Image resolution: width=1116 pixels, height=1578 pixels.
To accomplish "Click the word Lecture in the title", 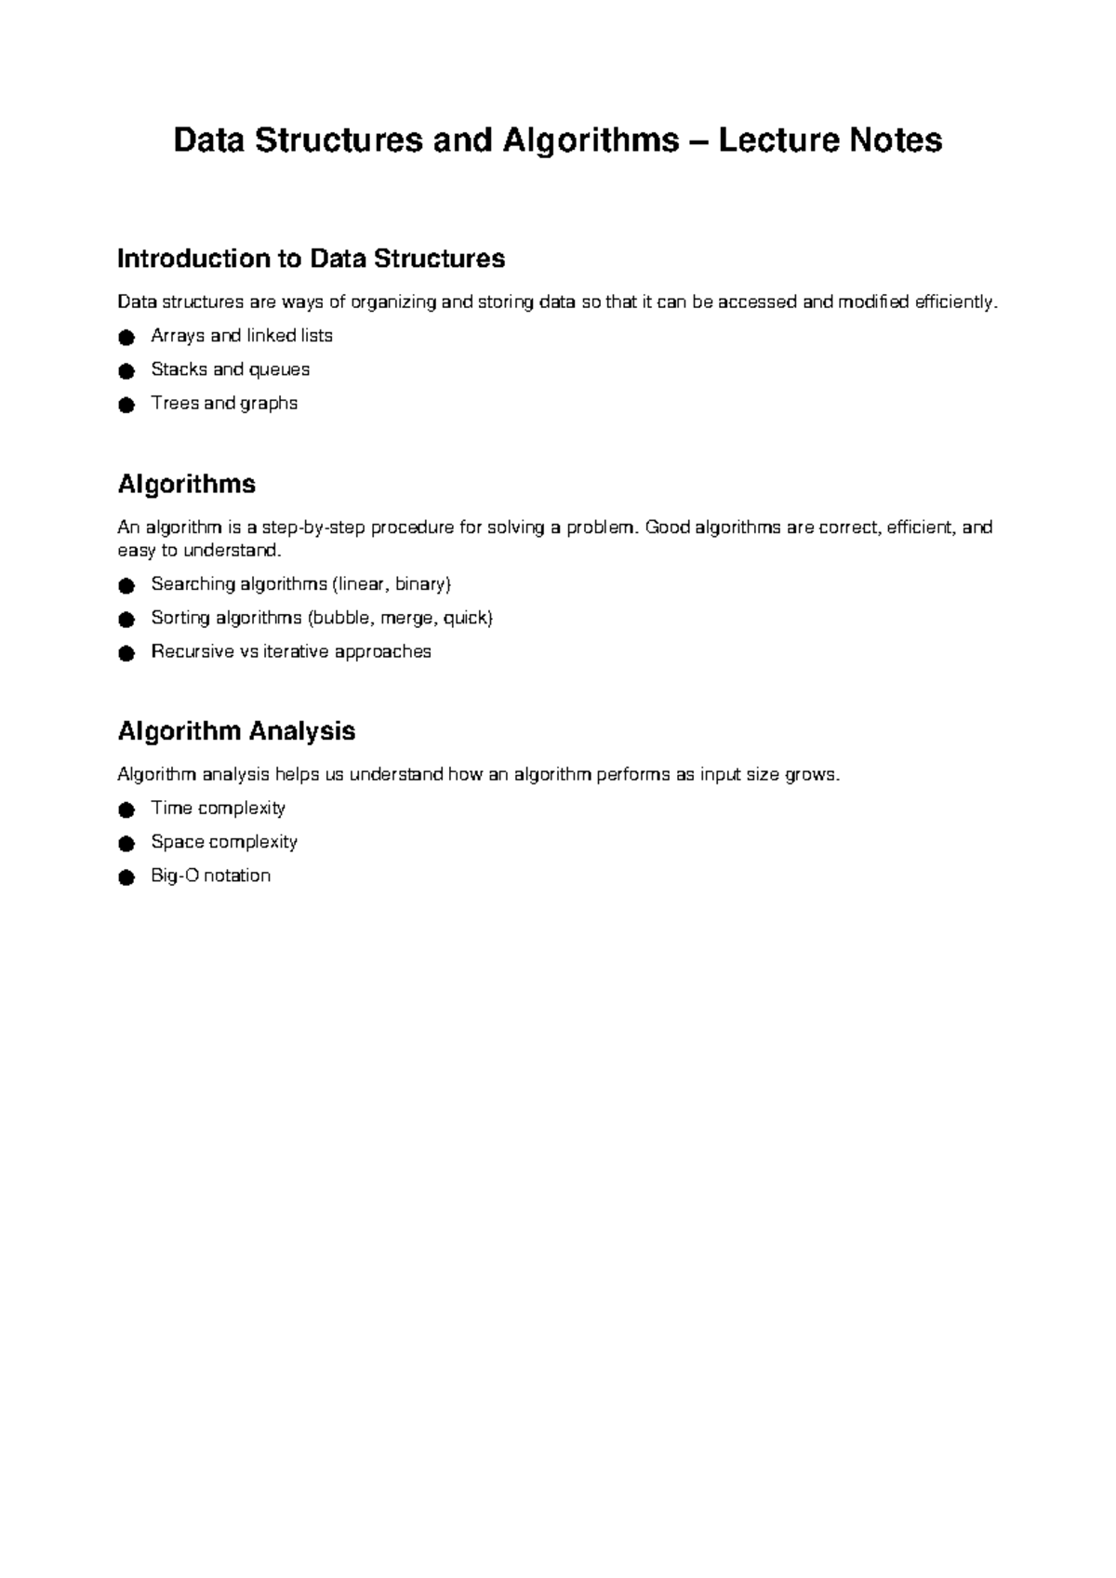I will [x=777, y=140].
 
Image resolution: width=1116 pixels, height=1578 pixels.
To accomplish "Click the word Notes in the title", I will [x=896, y=140].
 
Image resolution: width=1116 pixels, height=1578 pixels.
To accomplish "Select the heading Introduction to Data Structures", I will [x=311, y=259].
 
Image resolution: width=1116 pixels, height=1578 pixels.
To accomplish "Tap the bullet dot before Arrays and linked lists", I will [x=126, y=337].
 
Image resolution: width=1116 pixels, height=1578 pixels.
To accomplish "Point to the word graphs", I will [x=269, y=404].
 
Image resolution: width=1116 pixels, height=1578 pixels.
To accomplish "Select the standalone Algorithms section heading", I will [x=186, y=485].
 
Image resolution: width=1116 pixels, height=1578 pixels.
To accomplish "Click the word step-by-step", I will [x=314, y=528].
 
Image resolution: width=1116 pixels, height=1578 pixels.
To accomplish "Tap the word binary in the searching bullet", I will [x=420, y=584].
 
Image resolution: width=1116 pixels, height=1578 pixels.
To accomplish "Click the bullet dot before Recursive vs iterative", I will [x=126, y=653].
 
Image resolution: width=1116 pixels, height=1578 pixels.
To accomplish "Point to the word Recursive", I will [x=193, y=651].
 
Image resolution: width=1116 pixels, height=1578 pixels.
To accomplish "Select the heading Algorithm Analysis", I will [x=236, y=731].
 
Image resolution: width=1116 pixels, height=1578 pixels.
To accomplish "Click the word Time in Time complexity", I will [x=171, y=808].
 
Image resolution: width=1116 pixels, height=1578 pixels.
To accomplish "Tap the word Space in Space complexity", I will [x=178, y=842].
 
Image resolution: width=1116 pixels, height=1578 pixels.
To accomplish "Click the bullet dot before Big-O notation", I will [x=126, y=877].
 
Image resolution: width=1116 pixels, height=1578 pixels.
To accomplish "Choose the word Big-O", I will [x=175, y=876].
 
